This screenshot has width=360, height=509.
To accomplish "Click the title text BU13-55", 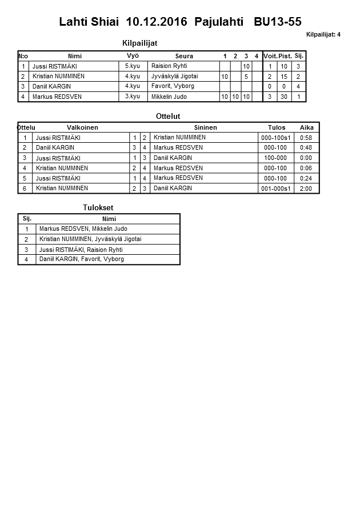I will tap(278, 22).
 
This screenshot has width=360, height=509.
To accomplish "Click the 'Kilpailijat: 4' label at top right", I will tap(323, 34).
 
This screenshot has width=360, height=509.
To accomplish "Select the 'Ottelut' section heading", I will tap(168, 116).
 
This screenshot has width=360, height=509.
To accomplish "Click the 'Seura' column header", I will tap(184, 56).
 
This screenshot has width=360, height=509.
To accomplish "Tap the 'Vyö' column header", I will tap(133, 55).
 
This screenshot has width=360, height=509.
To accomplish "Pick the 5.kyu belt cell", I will tap(133, 66).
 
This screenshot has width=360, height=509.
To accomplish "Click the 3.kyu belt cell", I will tap(133, 96).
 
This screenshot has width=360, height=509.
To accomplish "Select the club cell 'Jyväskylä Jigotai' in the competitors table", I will tap(174, 76).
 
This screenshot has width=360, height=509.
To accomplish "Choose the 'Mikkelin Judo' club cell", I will tap(170, 97).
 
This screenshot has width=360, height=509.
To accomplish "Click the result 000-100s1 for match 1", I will tap(275, 138).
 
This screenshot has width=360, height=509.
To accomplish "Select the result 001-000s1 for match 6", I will tap(275, 188).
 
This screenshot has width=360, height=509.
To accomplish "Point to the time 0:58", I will tap(306, 138).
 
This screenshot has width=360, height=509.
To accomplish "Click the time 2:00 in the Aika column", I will tap(306, 188).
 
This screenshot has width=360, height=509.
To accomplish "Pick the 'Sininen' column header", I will tap(205, 127).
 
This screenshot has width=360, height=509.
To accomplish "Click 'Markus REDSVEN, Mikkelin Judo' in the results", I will tap(83, 229).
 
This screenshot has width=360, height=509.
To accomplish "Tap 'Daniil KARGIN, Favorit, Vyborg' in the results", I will tap(82, 259).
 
